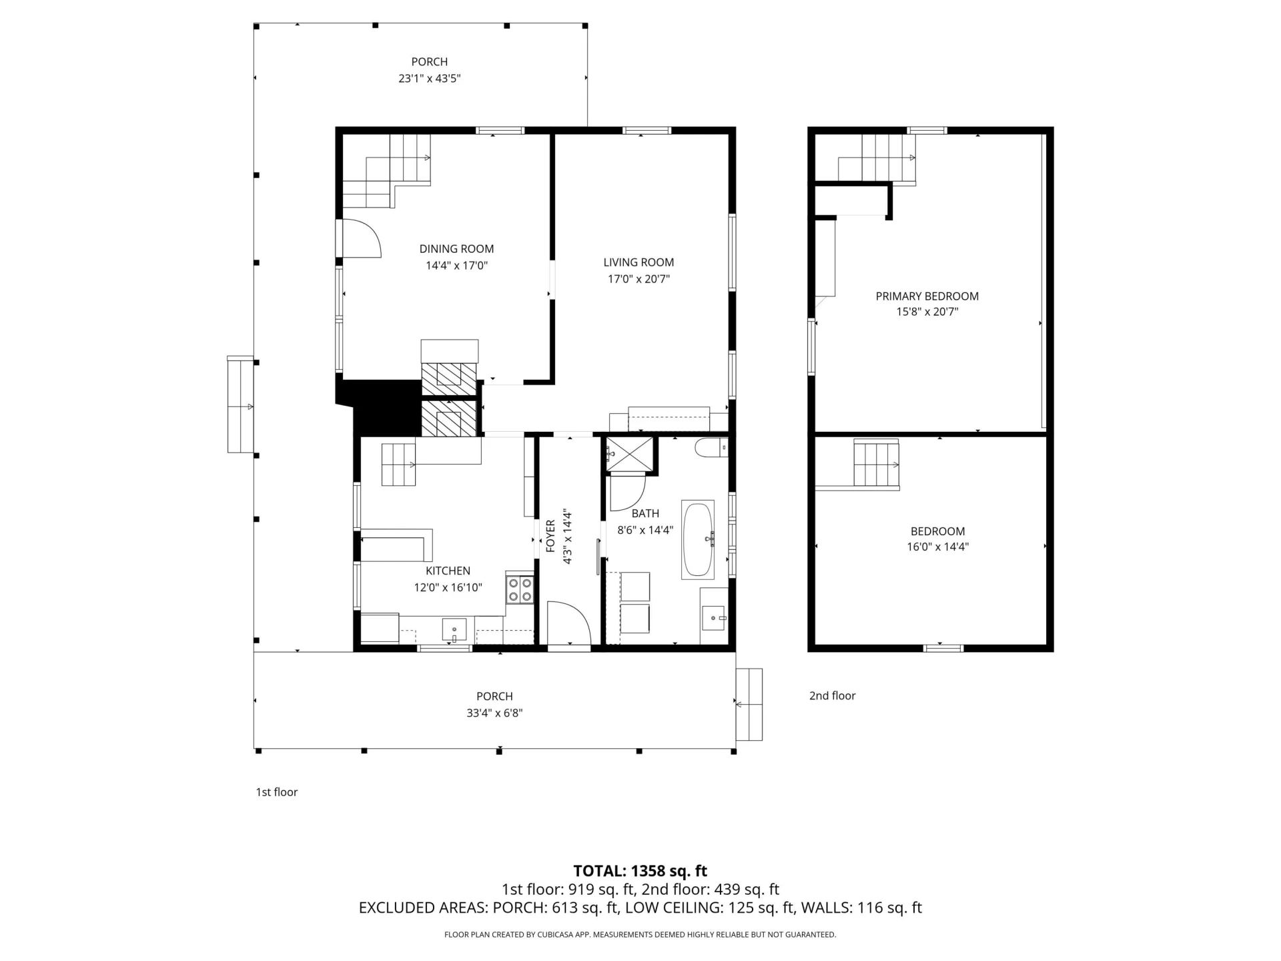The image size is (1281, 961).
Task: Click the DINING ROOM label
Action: click(456, 249)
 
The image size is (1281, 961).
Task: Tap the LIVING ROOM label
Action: click(638, 262)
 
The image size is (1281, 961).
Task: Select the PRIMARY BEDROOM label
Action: click(927, 296)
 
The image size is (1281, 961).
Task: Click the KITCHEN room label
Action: click(448, 571)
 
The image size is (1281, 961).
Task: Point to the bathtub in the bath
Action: click(698, 539)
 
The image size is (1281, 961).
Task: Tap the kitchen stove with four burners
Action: click(520, 589)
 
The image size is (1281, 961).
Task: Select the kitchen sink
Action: click(454, 629)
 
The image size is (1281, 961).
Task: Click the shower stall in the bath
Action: click(629, 454)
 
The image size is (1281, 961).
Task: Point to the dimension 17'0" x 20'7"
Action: click(638, 279)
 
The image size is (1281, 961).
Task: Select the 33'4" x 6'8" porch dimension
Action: click(494, 713)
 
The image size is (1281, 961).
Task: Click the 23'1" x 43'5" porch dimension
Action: click(430, 78)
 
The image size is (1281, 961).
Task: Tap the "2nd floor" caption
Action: click(832, 695)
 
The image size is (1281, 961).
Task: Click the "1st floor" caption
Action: click(277, 792)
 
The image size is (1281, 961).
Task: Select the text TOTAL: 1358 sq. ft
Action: click(640, 871)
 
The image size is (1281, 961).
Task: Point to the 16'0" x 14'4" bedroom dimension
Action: click(937, 547)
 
